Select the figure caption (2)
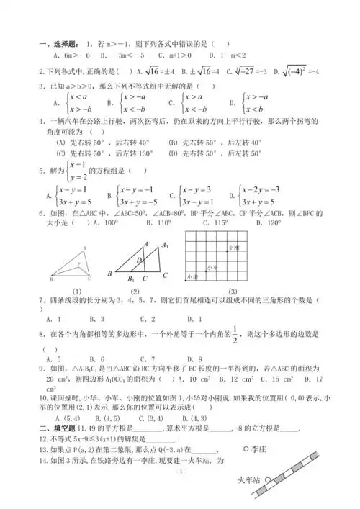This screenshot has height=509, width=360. point(135,291)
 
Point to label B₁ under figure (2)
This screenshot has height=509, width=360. point(132,280)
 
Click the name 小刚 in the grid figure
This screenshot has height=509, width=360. point(232,247)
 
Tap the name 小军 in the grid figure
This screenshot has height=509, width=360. point(212,266)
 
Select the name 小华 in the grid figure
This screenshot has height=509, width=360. point(192,276)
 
